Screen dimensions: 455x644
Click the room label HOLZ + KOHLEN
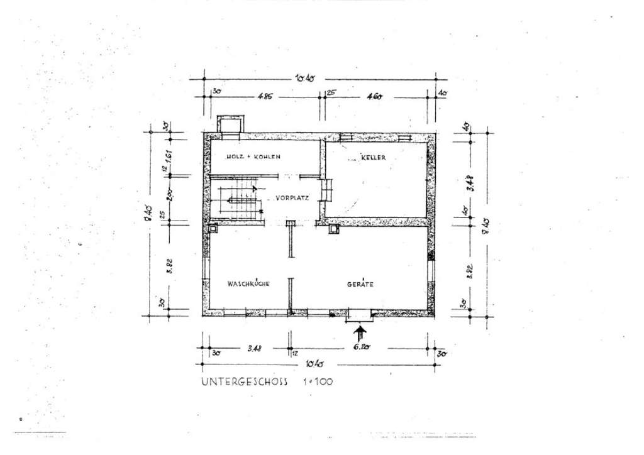(245, 156)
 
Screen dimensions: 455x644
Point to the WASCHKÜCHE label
(248, 284)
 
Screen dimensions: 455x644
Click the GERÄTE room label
(360, 284)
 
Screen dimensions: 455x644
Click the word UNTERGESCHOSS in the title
(244, 381)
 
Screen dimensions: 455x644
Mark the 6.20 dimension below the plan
(360, 345)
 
